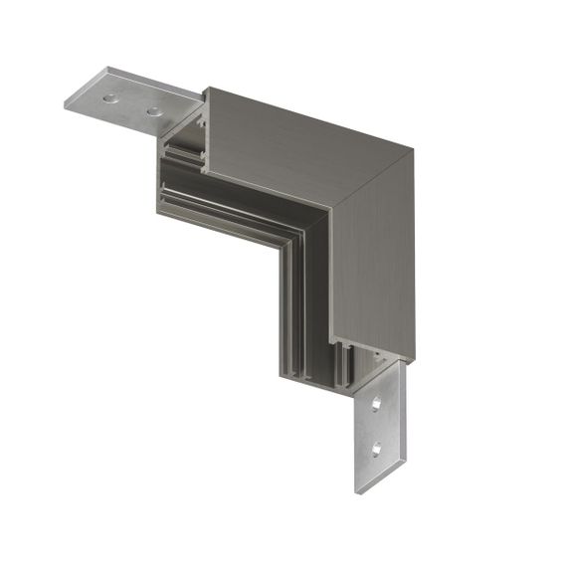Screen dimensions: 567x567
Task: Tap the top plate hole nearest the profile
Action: [x=154, y=109]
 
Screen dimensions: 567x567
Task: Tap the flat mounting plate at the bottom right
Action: [x=379, y=428]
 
